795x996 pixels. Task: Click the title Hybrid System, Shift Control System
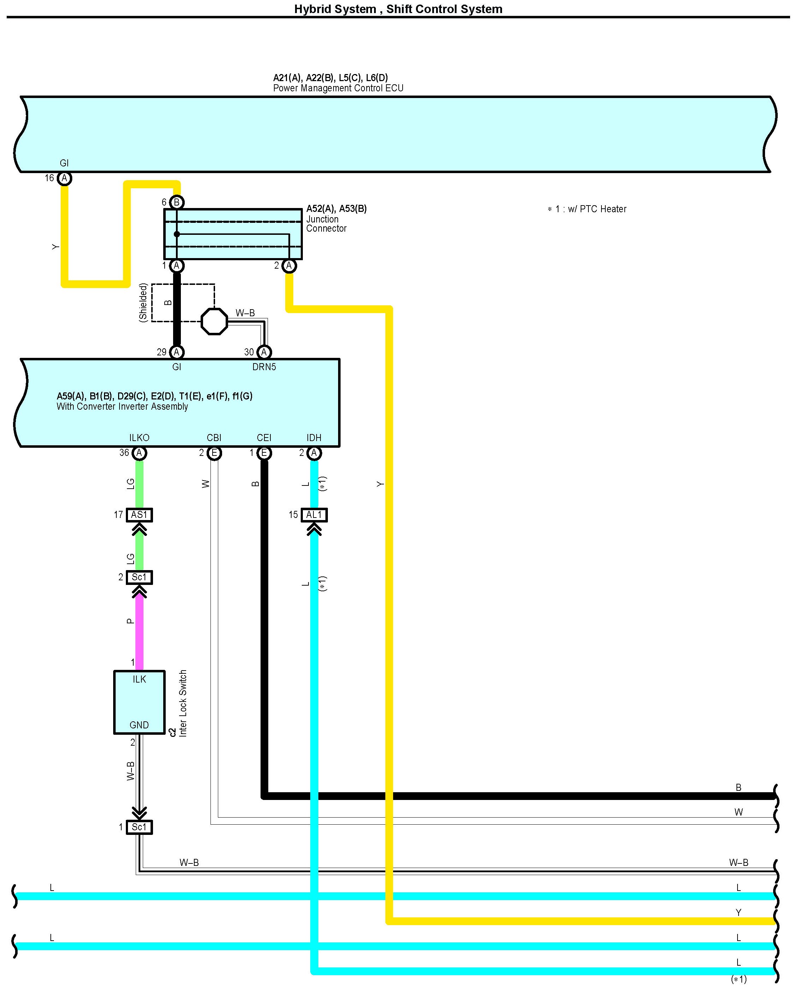(x=398, y=9)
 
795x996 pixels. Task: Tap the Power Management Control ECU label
(x=338, y=88)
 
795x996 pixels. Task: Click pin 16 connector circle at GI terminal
(x=64, y=178)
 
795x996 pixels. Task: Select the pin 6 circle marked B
(x=177, y=202)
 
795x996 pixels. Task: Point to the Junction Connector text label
(x=326, y=224)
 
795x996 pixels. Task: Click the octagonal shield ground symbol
(x=214, y=321)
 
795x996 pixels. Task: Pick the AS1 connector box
(x=139, y=515)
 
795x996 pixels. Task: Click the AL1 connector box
(x=314, y=515)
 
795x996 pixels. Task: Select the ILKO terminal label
(x=139, y=438)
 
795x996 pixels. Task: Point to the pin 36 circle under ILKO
(x=139, y=453)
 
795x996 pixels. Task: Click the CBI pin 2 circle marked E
(x=214, y=453)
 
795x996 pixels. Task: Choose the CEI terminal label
(x=264, y=438)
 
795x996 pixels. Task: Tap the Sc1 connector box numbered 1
(x=139, y=827)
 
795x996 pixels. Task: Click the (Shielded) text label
(x=143, y=302)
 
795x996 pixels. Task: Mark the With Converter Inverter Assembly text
(x=122, y=407)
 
